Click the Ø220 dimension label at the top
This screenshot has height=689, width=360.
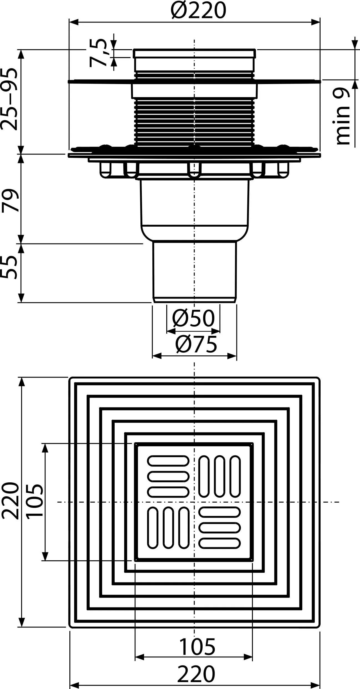click(x=198, y=10)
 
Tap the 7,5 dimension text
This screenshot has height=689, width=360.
click(x=98, y=52)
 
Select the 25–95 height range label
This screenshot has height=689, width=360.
click(x=9, y=99)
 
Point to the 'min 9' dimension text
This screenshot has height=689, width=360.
click(x=342, y=116)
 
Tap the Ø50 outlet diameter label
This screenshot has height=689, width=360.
click(x=193, y=318)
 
